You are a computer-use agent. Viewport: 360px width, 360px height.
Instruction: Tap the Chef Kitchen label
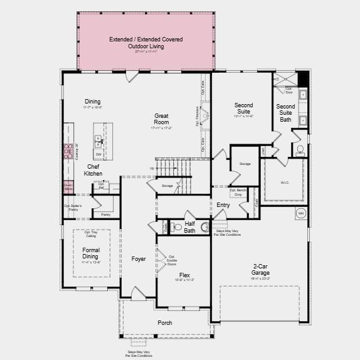click(94, 170)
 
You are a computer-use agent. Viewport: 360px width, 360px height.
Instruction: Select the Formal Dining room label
click(91, 253)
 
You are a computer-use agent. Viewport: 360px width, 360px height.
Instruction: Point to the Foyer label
click(138, 259)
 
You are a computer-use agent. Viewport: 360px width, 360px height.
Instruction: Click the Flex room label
click(184, 275)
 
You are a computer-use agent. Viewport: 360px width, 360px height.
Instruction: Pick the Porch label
click(164, 323)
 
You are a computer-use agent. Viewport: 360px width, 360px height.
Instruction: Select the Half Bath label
click(189, 227)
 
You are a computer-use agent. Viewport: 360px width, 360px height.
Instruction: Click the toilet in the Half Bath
click(176, 227)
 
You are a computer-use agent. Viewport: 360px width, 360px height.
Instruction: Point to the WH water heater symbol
click(300, 213)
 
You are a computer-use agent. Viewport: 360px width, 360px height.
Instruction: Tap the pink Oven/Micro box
click(68, 186)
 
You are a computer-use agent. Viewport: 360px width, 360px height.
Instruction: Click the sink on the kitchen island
click(98, 139)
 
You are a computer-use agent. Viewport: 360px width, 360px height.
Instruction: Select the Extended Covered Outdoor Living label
click(146, 43)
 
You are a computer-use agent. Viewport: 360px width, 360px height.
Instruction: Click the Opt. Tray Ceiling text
click(92, 234)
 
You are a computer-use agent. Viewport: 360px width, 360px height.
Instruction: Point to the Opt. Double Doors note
click(171, 260)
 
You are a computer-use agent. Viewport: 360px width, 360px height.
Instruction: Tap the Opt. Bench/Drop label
click(237, 192)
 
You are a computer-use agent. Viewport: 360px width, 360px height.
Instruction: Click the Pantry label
click(105, 214)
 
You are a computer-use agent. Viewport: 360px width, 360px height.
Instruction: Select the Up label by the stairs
click(152, 168)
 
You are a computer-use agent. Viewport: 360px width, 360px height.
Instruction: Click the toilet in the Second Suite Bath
click(299, 150)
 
